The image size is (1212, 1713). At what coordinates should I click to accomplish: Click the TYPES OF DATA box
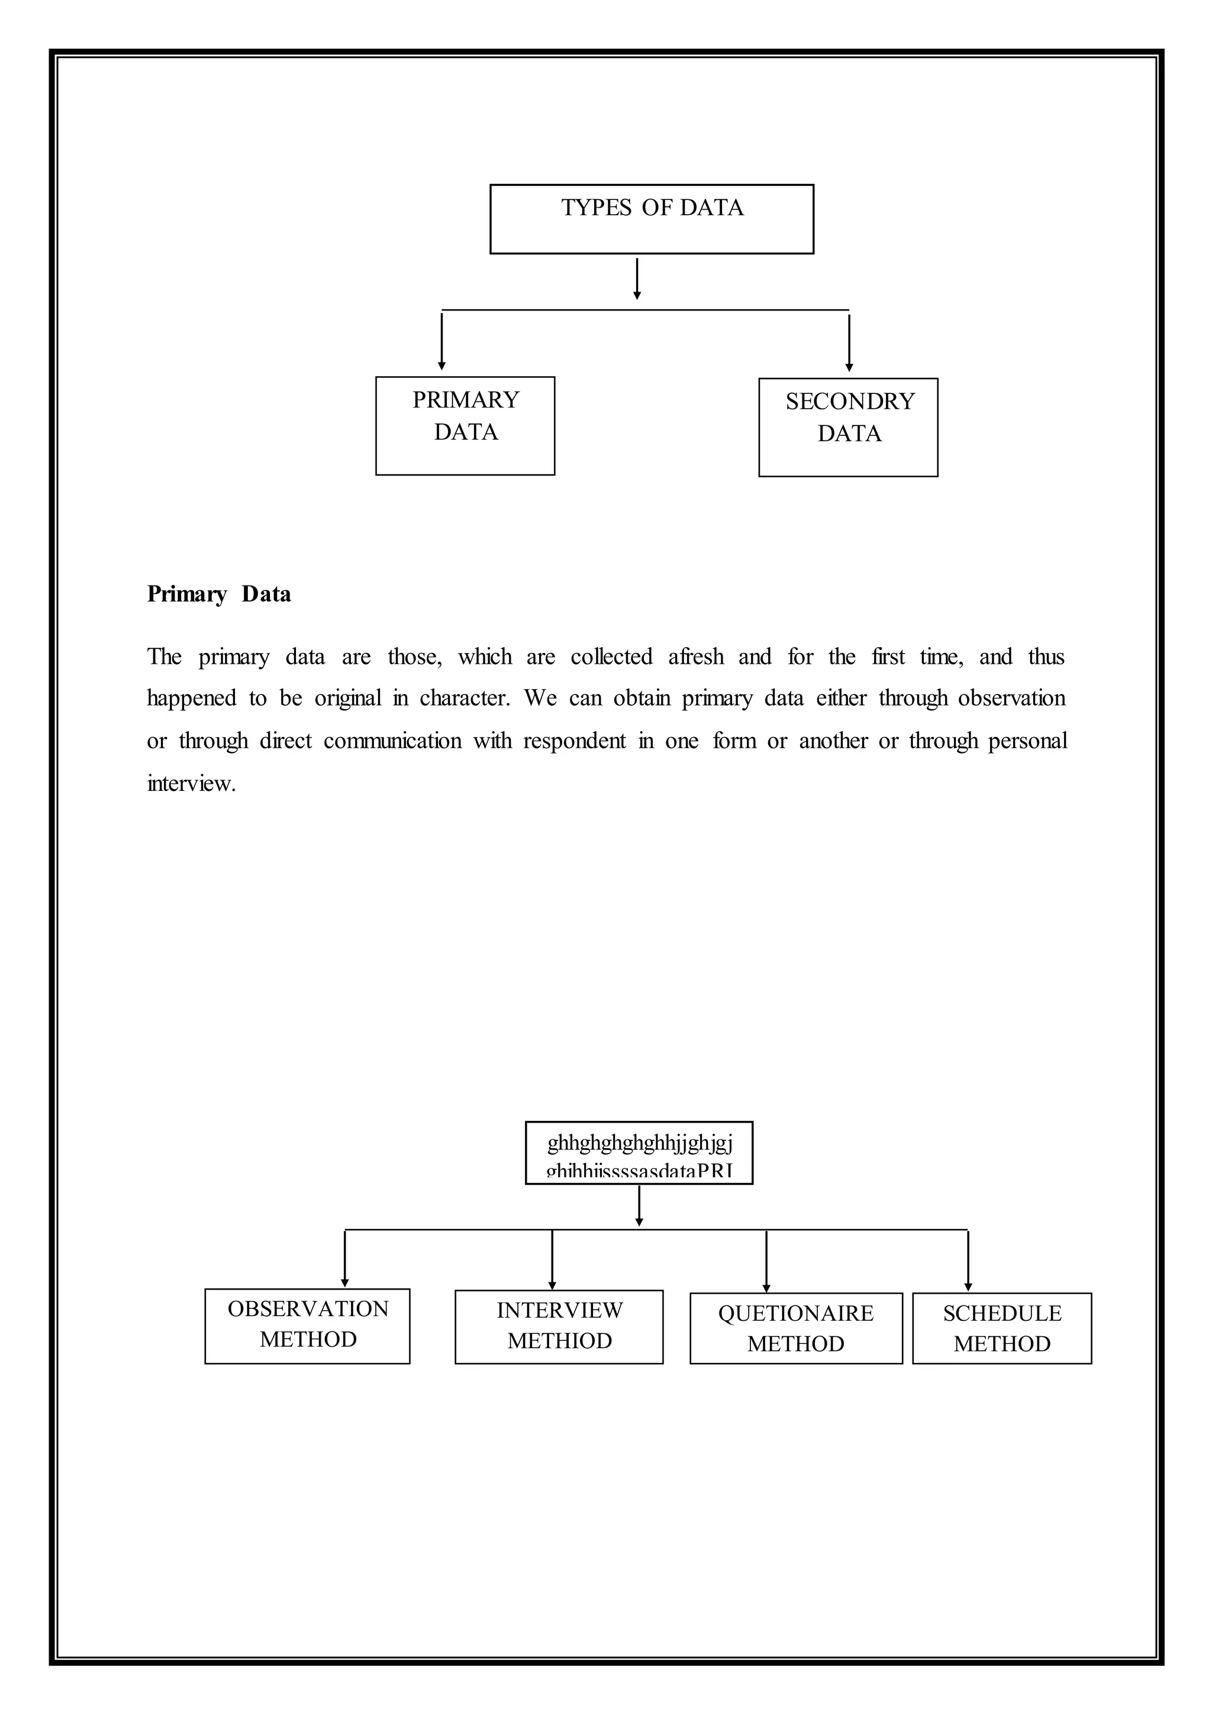[652, 219]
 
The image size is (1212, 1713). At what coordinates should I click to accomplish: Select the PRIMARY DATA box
[465, 425]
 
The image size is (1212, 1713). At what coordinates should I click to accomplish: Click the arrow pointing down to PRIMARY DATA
[442, 342]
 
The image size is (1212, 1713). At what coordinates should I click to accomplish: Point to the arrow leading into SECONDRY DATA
[849, 343]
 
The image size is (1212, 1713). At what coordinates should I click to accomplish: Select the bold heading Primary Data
[218, 594]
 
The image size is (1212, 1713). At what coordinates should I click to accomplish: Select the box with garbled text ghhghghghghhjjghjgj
[639, 1153]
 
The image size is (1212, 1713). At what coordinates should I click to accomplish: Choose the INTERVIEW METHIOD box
[559, 1327]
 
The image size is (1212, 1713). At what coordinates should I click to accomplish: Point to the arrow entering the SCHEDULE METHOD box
[968, 1261]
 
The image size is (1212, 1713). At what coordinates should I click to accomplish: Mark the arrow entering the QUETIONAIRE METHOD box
[766, 1261]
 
